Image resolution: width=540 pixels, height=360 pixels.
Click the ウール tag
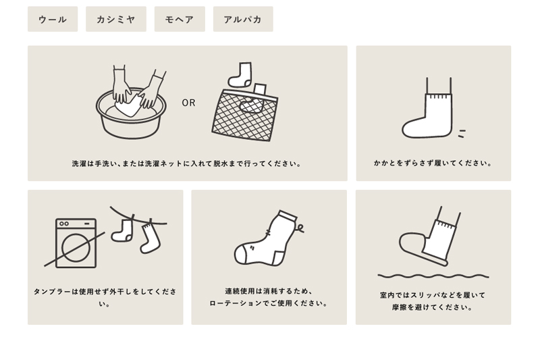[x=53, y=19]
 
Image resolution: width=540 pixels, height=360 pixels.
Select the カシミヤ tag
[x=116, y=19]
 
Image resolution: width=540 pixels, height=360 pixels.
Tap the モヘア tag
[x=180, y=19]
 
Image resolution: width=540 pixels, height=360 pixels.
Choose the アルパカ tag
[x=243, y=19]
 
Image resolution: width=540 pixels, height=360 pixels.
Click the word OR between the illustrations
[x=188, y=103]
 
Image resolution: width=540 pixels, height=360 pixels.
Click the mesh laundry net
[x=244, y=115]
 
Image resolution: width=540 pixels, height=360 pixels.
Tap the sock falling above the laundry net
[x=240, y=74]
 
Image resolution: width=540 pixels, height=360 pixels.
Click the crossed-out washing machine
[x=76, y=243]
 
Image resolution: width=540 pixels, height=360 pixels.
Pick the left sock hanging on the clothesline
[x=123, y=230]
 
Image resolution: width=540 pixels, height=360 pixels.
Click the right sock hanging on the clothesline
[x=149, y=238]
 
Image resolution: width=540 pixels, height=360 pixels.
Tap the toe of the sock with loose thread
[x=241, y=255]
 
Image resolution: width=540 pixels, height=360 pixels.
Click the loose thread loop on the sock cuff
[x=300, y=228]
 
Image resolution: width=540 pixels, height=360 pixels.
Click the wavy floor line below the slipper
[x=433, y=276]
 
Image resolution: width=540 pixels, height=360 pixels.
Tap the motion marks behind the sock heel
[x=462, y=134]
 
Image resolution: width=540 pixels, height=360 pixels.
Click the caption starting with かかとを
[x=433, y=163]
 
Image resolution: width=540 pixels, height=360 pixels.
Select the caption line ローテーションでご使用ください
[x=269, y=303]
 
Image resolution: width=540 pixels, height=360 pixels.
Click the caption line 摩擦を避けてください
[x=433, y=307]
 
